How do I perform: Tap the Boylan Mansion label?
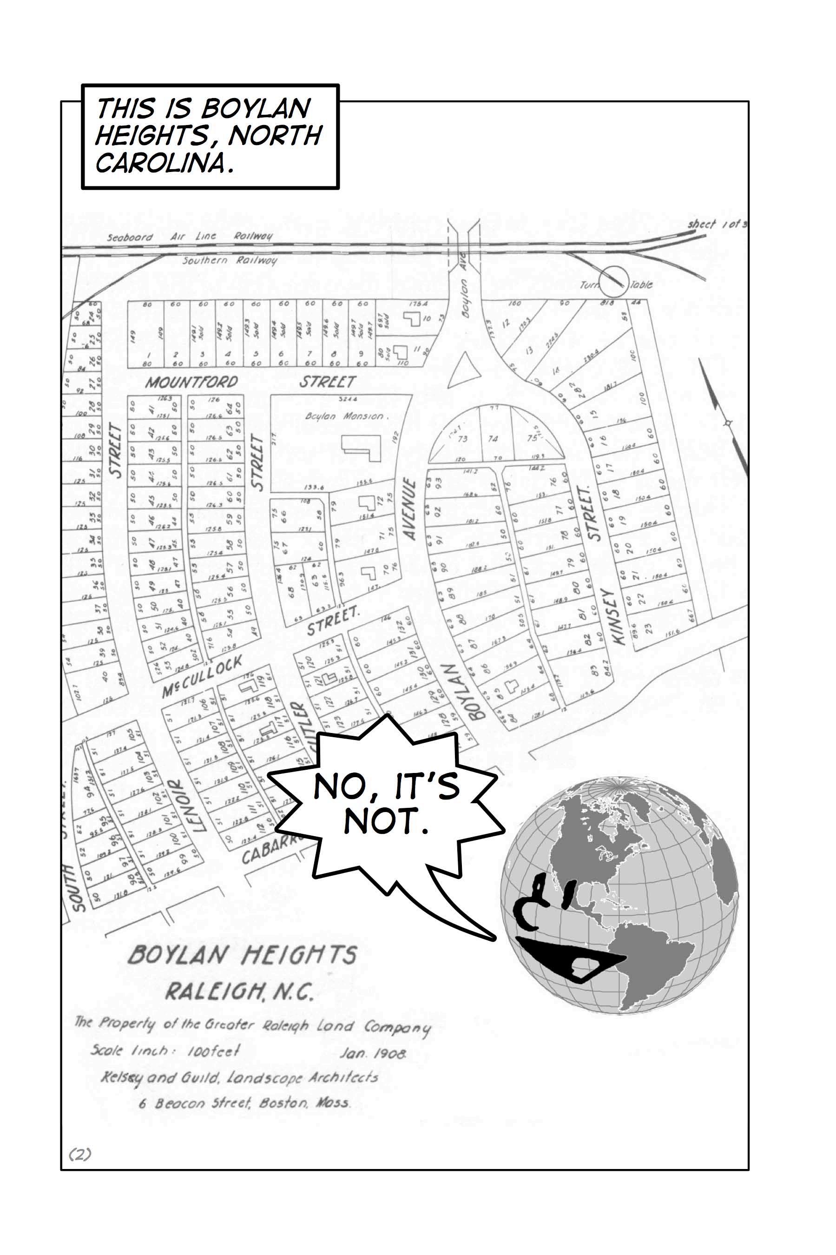[344, 416]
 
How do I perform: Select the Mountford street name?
[191, 382]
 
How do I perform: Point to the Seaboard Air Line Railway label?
[189, 236]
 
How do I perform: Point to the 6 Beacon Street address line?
[245, 1103]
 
